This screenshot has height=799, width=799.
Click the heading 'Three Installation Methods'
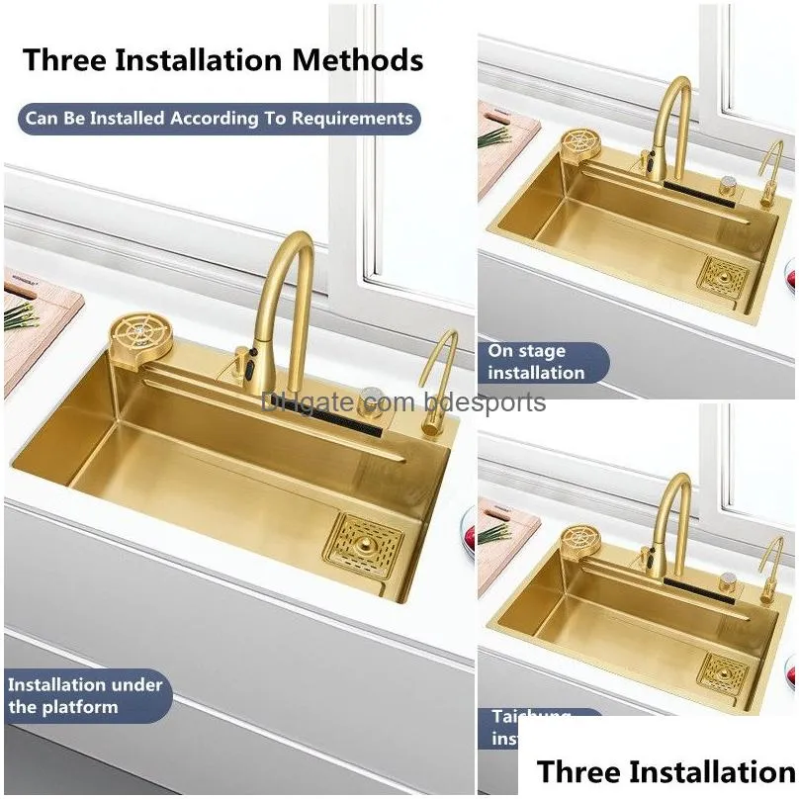pyautogui.click(x=223, y=59)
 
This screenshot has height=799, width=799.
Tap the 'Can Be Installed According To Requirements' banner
pyautogui.click(x=219, y=119)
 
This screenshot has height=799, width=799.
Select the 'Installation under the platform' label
pyautogui.click(x=86, y=695)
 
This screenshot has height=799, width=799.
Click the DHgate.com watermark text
pyautogui.click(x=403, y=402)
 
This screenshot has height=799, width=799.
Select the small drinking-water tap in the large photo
pyautogui.click(x=436, y=381)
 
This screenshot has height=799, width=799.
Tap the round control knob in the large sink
pyautogui.click(x=373, y=399)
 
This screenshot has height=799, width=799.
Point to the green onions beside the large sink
pyautogui.click(x=20, y=316)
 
